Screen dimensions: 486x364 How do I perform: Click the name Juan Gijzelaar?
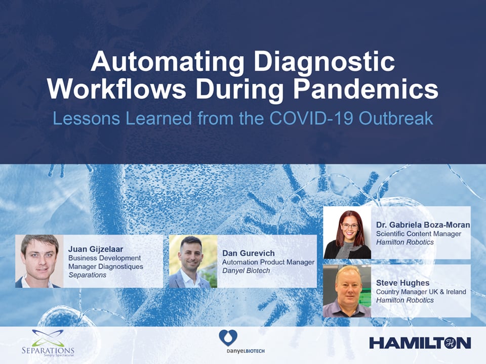(x=96, y=249)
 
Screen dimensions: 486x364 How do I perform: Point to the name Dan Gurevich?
(x=248, y=253)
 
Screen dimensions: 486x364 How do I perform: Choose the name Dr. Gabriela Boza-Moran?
(x=423, y=225)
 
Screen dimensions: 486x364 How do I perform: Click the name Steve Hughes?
(x=402, y=283)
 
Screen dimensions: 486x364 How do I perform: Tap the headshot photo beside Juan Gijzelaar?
(x=39, y=261)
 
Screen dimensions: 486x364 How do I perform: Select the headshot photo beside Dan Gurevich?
(x=193, y=261)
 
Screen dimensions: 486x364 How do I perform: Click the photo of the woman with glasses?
(x=347, y=233)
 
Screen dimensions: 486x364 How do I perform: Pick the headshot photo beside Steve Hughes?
(x=347, y=291)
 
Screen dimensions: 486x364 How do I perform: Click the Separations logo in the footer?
(x=48, y=343)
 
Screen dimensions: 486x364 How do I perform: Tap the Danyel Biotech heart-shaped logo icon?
(x=228, y=338)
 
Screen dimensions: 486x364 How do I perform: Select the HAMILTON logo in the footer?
(x=420, y=343)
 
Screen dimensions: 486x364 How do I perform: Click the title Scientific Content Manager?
(x=419, y=234)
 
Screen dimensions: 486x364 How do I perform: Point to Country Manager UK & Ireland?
(x=421, y=292)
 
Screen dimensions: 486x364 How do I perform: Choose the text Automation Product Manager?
(x=268, y=262)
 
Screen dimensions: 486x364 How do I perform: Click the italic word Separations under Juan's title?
(x=87, y=275)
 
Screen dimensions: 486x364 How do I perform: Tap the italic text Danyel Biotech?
(x=246, y=270)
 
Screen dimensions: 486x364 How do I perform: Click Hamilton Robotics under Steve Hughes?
(x=405, y=300)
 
